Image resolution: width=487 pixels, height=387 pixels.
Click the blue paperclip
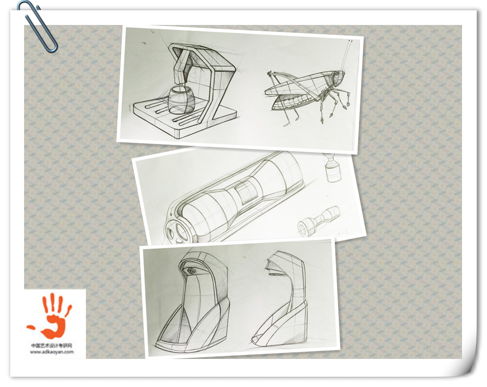[x=37, y=26]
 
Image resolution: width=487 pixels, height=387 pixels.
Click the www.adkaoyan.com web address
[x=52, y=352]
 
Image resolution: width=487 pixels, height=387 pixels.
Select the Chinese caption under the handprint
[x=52, y=346]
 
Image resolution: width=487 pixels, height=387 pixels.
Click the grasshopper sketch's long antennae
[x=347, y=56]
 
